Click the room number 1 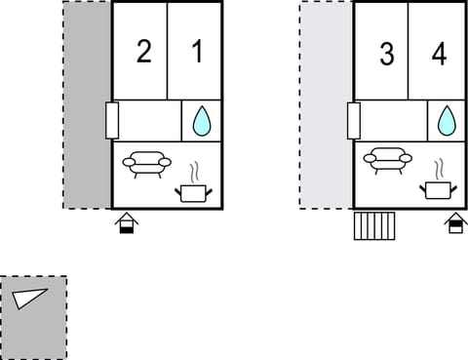click(198, 53)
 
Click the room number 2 click(143, 53)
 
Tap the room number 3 click(386, 55)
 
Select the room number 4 click(439, 55)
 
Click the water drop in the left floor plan click(202, 121)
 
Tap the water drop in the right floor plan click(447, 121)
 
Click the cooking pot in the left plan click(192, 192)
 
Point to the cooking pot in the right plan click(437, 188)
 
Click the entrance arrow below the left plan click(127, 224)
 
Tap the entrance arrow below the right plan click(454, 224)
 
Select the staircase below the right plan click(373, 225)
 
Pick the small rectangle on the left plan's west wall click(112, 121)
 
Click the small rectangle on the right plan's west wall click(355, 121)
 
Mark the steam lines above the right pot click(438, 168)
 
